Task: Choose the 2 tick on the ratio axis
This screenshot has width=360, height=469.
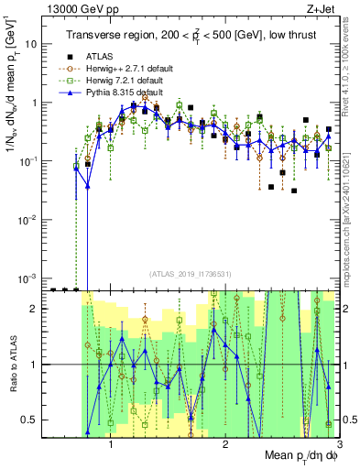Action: tap(34, 308)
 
